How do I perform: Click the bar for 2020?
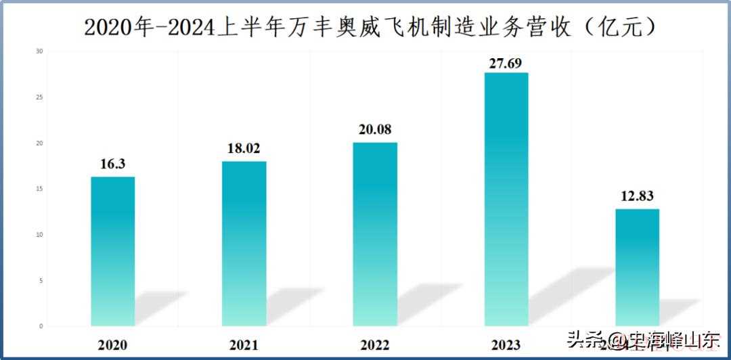click(113, 251)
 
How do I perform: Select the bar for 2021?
click(244, 244)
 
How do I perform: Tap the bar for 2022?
click(375, 234)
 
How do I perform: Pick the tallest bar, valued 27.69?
click(506, 199)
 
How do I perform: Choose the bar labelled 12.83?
click(637, 267)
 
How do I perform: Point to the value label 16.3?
click(113, 164)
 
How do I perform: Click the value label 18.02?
click(244, 149)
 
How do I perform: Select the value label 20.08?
click(375, 129)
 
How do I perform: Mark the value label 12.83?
click(637, 196)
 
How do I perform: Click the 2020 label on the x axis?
click(113, 345)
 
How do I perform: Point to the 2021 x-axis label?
click(244, 345)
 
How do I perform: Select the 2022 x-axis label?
click(375, 345)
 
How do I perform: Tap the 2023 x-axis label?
click(506, 345)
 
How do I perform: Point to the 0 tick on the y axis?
click(41, 326)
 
